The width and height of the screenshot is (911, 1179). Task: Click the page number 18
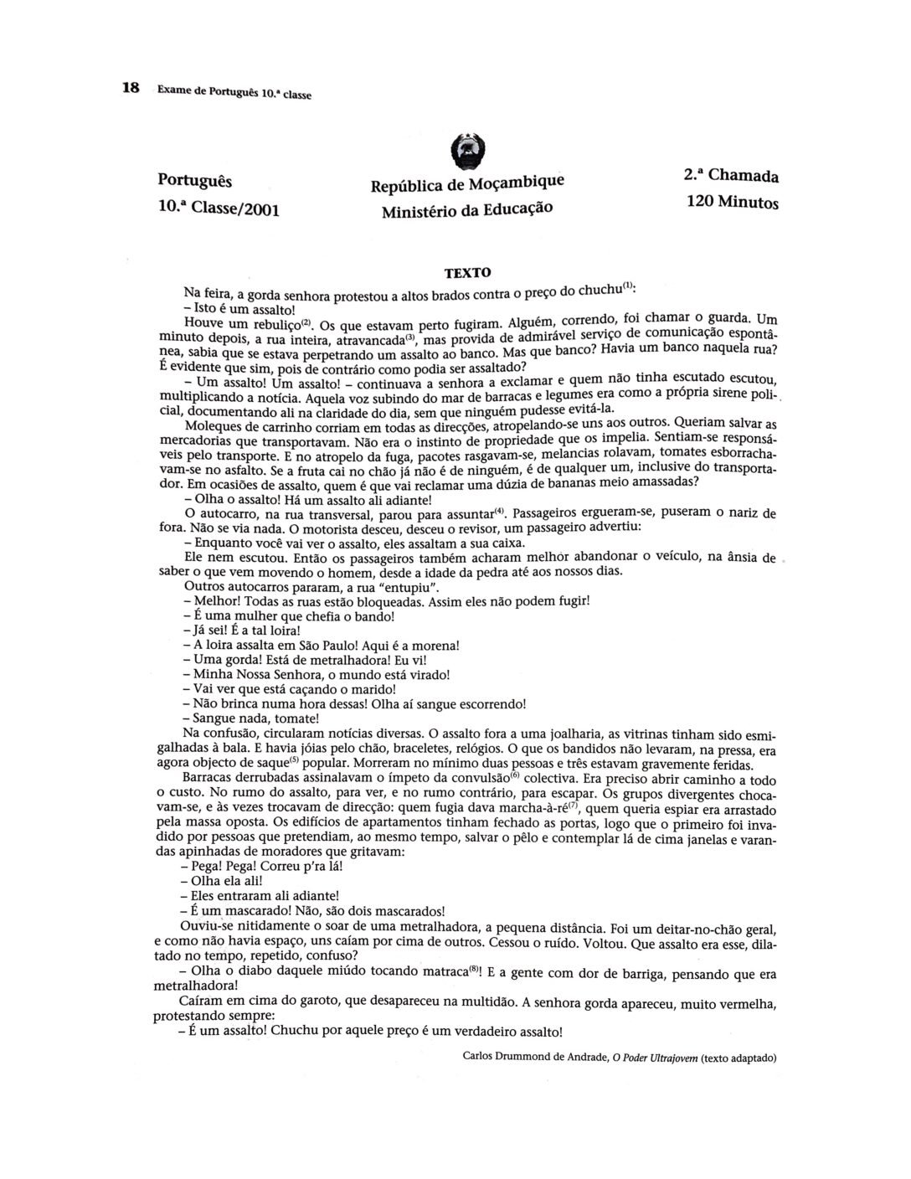(131, 88)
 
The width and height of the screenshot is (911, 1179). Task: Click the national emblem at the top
(464, 152)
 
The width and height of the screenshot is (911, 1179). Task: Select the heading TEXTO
(467, 273)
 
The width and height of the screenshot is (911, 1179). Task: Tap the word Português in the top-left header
(195, 181)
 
